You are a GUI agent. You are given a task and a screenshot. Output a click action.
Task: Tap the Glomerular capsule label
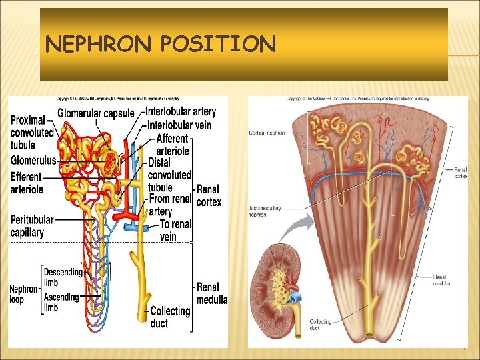coord(96,113)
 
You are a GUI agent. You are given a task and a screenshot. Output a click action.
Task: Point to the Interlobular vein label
coord(179,125)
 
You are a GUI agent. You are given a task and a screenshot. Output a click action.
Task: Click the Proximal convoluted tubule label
coord(32,132)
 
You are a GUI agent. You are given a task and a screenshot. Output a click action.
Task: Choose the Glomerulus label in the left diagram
coord(33,160)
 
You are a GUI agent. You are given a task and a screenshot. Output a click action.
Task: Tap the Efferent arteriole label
coord(27,183)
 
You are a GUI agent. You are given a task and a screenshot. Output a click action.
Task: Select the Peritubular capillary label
coord(27,226)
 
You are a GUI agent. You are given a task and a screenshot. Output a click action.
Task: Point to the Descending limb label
coord(63,277)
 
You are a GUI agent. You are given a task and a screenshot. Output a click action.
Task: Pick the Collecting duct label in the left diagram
coord(170,317)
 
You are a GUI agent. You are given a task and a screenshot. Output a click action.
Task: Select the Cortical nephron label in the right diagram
coord(267,133)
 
